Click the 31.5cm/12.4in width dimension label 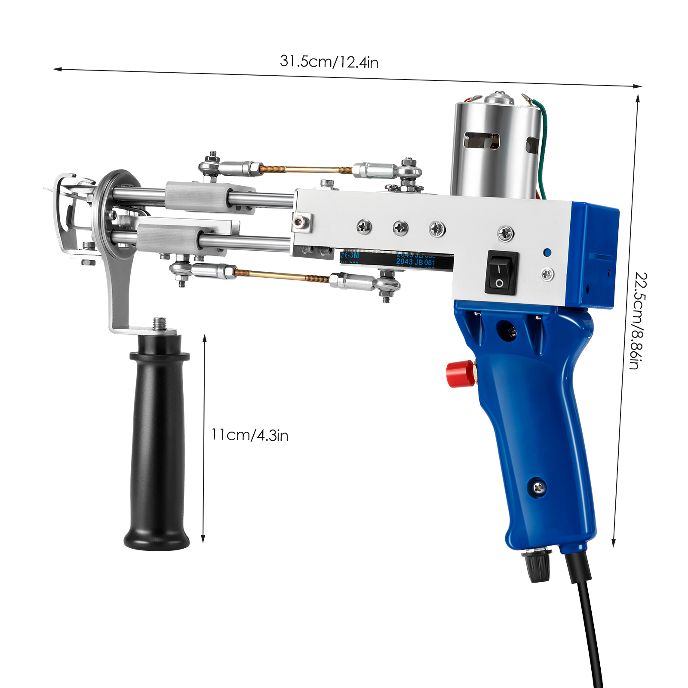click(329, 61)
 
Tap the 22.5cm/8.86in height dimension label click(638, 320)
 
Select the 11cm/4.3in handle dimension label click(249, 435)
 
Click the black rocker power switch click(501, 274)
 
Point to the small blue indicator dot click(547, 252)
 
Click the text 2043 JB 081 click(415, 262)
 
